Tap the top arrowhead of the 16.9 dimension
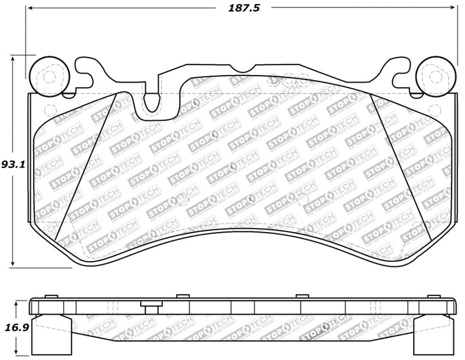point(14,301)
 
